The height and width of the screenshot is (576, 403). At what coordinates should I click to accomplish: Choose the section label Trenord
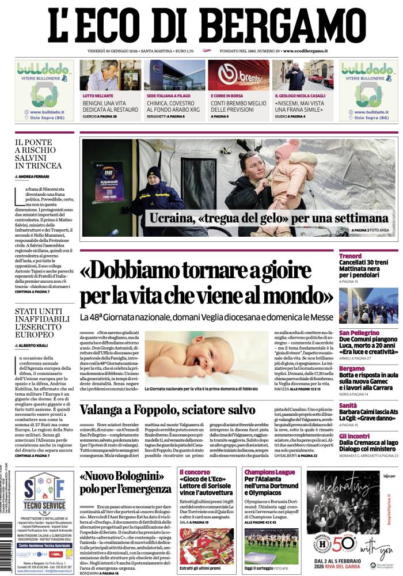click(x=350, y=256)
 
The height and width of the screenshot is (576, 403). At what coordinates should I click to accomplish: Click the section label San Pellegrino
click(x=359, y=333)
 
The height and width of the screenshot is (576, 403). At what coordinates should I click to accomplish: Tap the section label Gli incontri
click(x=354, y=435)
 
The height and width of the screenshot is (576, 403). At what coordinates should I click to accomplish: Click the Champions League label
click(x=269, y=472)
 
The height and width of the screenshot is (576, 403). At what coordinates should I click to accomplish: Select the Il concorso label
click(x=195, y=472)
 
